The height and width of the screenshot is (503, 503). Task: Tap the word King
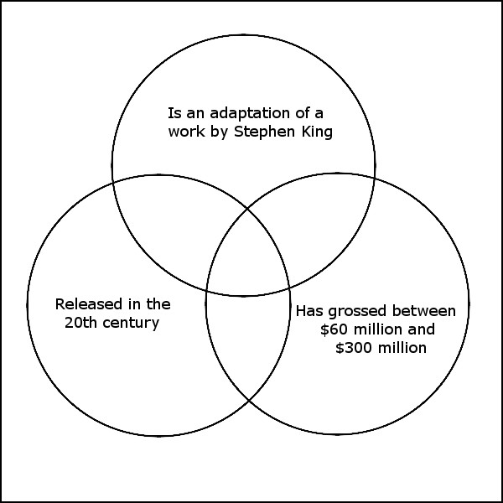pos(317,132)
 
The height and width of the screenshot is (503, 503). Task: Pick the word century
pos(131,324)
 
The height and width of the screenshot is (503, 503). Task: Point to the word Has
pos(309,311)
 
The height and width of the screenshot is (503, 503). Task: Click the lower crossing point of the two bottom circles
pos(249,401)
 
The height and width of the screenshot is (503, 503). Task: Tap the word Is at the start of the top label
pos(174,113)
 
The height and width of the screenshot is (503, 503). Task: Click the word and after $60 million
pos(421,329)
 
